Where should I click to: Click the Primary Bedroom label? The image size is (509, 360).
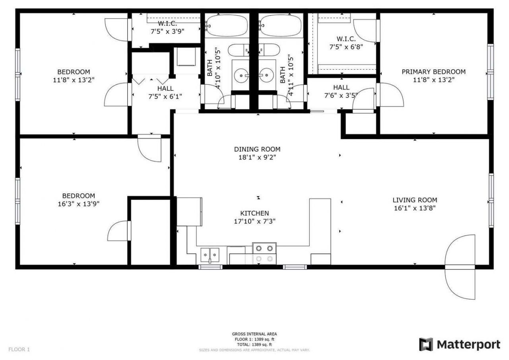pyautogui.click(x=433, y=72)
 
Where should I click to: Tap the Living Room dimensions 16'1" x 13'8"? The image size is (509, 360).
pyautogui.click(x=415, y=208)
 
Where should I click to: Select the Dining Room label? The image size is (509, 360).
pyautogui.click(x=257, y=150)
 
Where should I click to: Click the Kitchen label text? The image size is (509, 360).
pyautogui.click(x=254, y=214)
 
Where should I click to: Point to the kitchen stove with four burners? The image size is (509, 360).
pyautogui.click(x=264, y=254)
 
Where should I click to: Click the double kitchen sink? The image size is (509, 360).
pyautogui.click(x=210, y=253)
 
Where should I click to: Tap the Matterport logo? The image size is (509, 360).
pyautogui.click(x=460, y=344)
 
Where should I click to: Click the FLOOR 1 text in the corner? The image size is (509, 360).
pyautogui.click(x=19, y=350)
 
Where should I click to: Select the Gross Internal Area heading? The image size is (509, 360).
pyautogui.click(x=254, y=334)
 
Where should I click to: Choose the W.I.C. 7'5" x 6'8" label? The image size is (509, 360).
pyautogui.click(x=346, y=43)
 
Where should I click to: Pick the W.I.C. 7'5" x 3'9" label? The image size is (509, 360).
pyautogui.click(x=167, y=27)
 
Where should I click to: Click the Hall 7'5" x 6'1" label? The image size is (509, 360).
pyautogui.click(x=165, y=92)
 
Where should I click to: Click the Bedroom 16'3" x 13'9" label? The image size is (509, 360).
pyautogui.click(x=78, y=200)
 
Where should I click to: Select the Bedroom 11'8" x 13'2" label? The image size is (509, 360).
pyautogui.click(x=74, y=76)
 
